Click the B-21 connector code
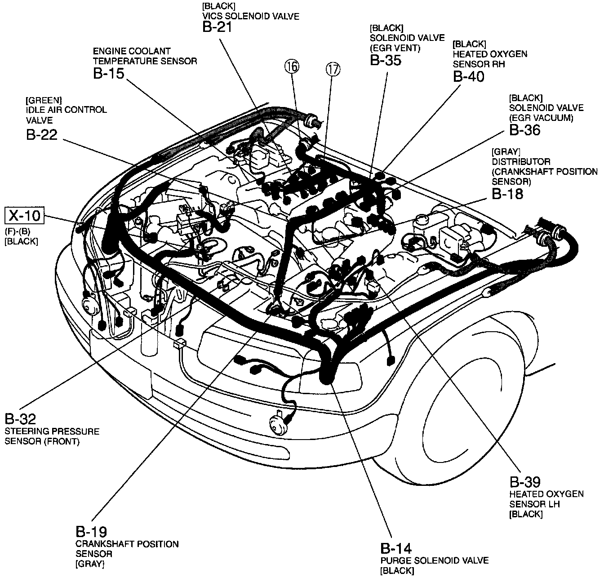click(217, 27)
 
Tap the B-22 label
click(42, 134)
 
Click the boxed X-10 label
click(25, 216)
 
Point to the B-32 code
click(20, 419)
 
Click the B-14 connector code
click(396, 549)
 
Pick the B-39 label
click(525, 482)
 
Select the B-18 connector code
click(507, 194)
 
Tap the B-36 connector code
click(524, 130)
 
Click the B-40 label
click(469, 77)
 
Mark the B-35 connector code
click(386, 60)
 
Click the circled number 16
click(291, 67)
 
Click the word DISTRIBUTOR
click(521, 161)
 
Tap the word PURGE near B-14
click(395, 560)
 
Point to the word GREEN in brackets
click(44, 99)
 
